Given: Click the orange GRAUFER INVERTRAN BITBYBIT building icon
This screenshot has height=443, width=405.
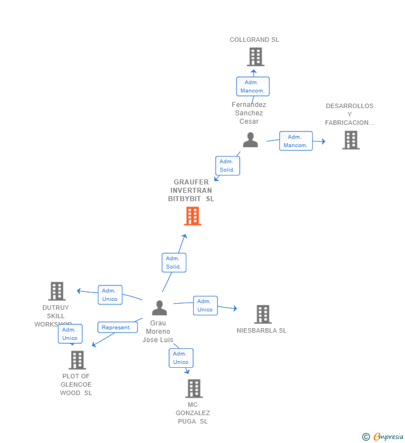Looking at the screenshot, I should coord(192,216).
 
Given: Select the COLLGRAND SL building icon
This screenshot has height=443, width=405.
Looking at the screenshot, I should coord(255,57).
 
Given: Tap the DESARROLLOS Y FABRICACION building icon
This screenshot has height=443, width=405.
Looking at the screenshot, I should coord(350,140).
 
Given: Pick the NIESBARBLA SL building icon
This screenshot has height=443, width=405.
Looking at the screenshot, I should coord(263,314).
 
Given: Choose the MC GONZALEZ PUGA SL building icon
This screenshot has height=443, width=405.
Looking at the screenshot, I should coord(194,388).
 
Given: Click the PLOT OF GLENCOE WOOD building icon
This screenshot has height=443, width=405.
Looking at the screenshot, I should coord(77,360).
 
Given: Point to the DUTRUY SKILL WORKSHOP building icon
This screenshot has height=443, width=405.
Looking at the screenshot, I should coord(57,291).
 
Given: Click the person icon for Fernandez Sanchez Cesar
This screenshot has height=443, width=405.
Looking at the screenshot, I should coord(250,140).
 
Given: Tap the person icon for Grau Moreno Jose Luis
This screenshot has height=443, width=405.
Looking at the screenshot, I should coord(160,308).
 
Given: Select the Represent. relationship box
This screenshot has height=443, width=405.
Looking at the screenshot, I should coord(117,328).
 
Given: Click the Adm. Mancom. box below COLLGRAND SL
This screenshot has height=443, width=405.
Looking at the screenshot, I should coord(253,86).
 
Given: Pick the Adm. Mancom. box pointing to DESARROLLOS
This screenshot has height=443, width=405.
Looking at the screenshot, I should coord(295,141).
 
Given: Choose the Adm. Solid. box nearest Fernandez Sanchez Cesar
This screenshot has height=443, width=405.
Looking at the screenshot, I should coord(227,165).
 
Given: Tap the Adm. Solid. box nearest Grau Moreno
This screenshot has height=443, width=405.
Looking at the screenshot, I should coord(174,262).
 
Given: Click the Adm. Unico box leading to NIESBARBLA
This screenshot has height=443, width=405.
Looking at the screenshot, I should coord(205,305).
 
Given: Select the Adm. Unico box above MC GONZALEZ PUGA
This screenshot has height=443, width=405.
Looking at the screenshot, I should coord(181,358).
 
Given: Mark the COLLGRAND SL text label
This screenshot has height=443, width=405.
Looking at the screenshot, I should coord(254,40).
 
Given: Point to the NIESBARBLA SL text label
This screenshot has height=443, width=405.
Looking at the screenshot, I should coord(261,330).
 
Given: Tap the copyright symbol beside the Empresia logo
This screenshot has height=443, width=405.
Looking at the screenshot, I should coord(366,437).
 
